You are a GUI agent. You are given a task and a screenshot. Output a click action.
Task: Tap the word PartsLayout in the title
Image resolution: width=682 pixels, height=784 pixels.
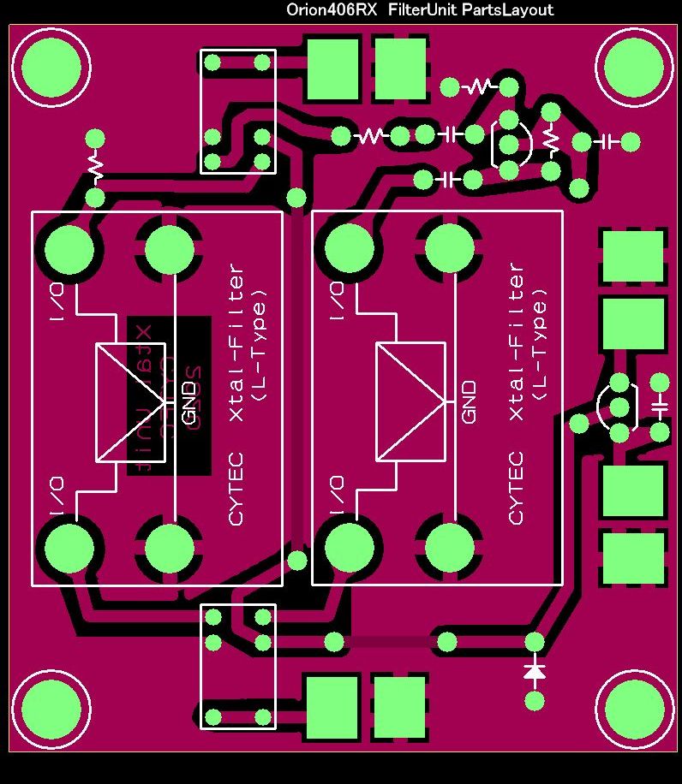pyautogui.click(x=507, y=10)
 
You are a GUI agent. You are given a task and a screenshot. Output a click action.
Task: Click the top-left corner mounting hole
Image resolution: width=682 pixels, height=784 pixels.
pyautogui.click(x=51, y=67)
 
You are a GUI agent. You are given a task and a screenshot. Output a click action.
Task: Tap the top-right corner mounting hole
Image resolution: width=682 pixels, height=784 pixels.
pyautogui.click(x=636, y=67)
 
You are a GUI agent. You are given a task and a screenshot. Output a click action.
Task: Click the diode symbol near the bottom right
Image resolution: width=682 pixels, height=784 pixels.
pyautogui.click(x=535, y=672)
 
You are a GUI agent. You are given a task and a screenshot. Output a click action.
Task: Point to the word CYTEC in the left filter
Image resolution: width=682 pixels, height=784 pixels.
pyautogui.click(x=236, y=488)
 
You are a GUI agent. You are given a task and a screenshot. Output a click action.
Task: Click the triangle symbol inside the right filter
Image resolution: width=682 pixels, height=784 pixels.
pyautogui.click(x=410, y=401)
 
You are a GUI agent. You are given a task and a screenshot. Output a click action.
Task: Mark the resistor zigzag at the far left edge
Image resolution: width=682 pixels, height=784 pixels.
pyautogui.click(x=95, y=168)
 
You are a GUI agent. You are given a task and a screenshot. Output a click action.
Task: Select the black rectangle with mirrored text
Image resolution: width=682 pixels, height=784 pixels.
pyautogui.click(x=169, y=395)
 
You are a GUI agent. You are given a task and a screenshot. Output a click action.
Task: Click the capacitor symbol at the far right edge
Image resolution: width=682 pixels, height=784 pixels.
pyautogui.click(x=659, y=407)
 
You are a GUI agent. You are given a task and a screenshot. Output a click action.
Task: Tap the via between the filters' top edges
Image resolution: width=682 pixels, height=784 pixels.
pyautogui.click(x=296, y=198)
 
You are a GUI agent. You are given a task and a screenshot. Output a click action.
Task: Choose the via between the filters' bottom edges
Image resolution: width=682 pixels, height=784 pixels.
pyautogui.click(x=296, y=561)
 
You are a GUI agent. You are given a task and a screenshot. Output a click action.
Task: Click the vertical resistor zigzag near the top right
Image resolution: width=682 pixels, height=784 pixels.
pyautogui.click(x=551, y=142)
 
